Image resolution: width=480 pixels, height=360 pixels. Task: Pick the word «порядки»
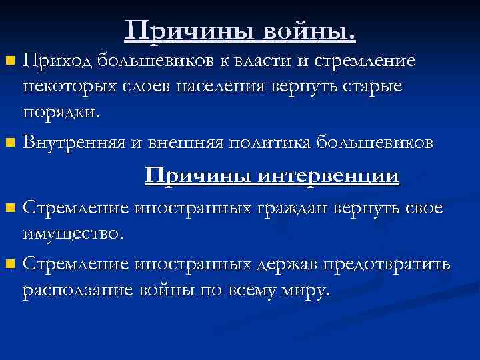(60, 112)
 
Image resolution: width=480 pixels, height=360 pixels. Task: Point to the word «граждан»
(285, 208)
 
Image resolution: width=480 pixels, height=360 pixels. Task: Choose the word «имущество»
(72, 233)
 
